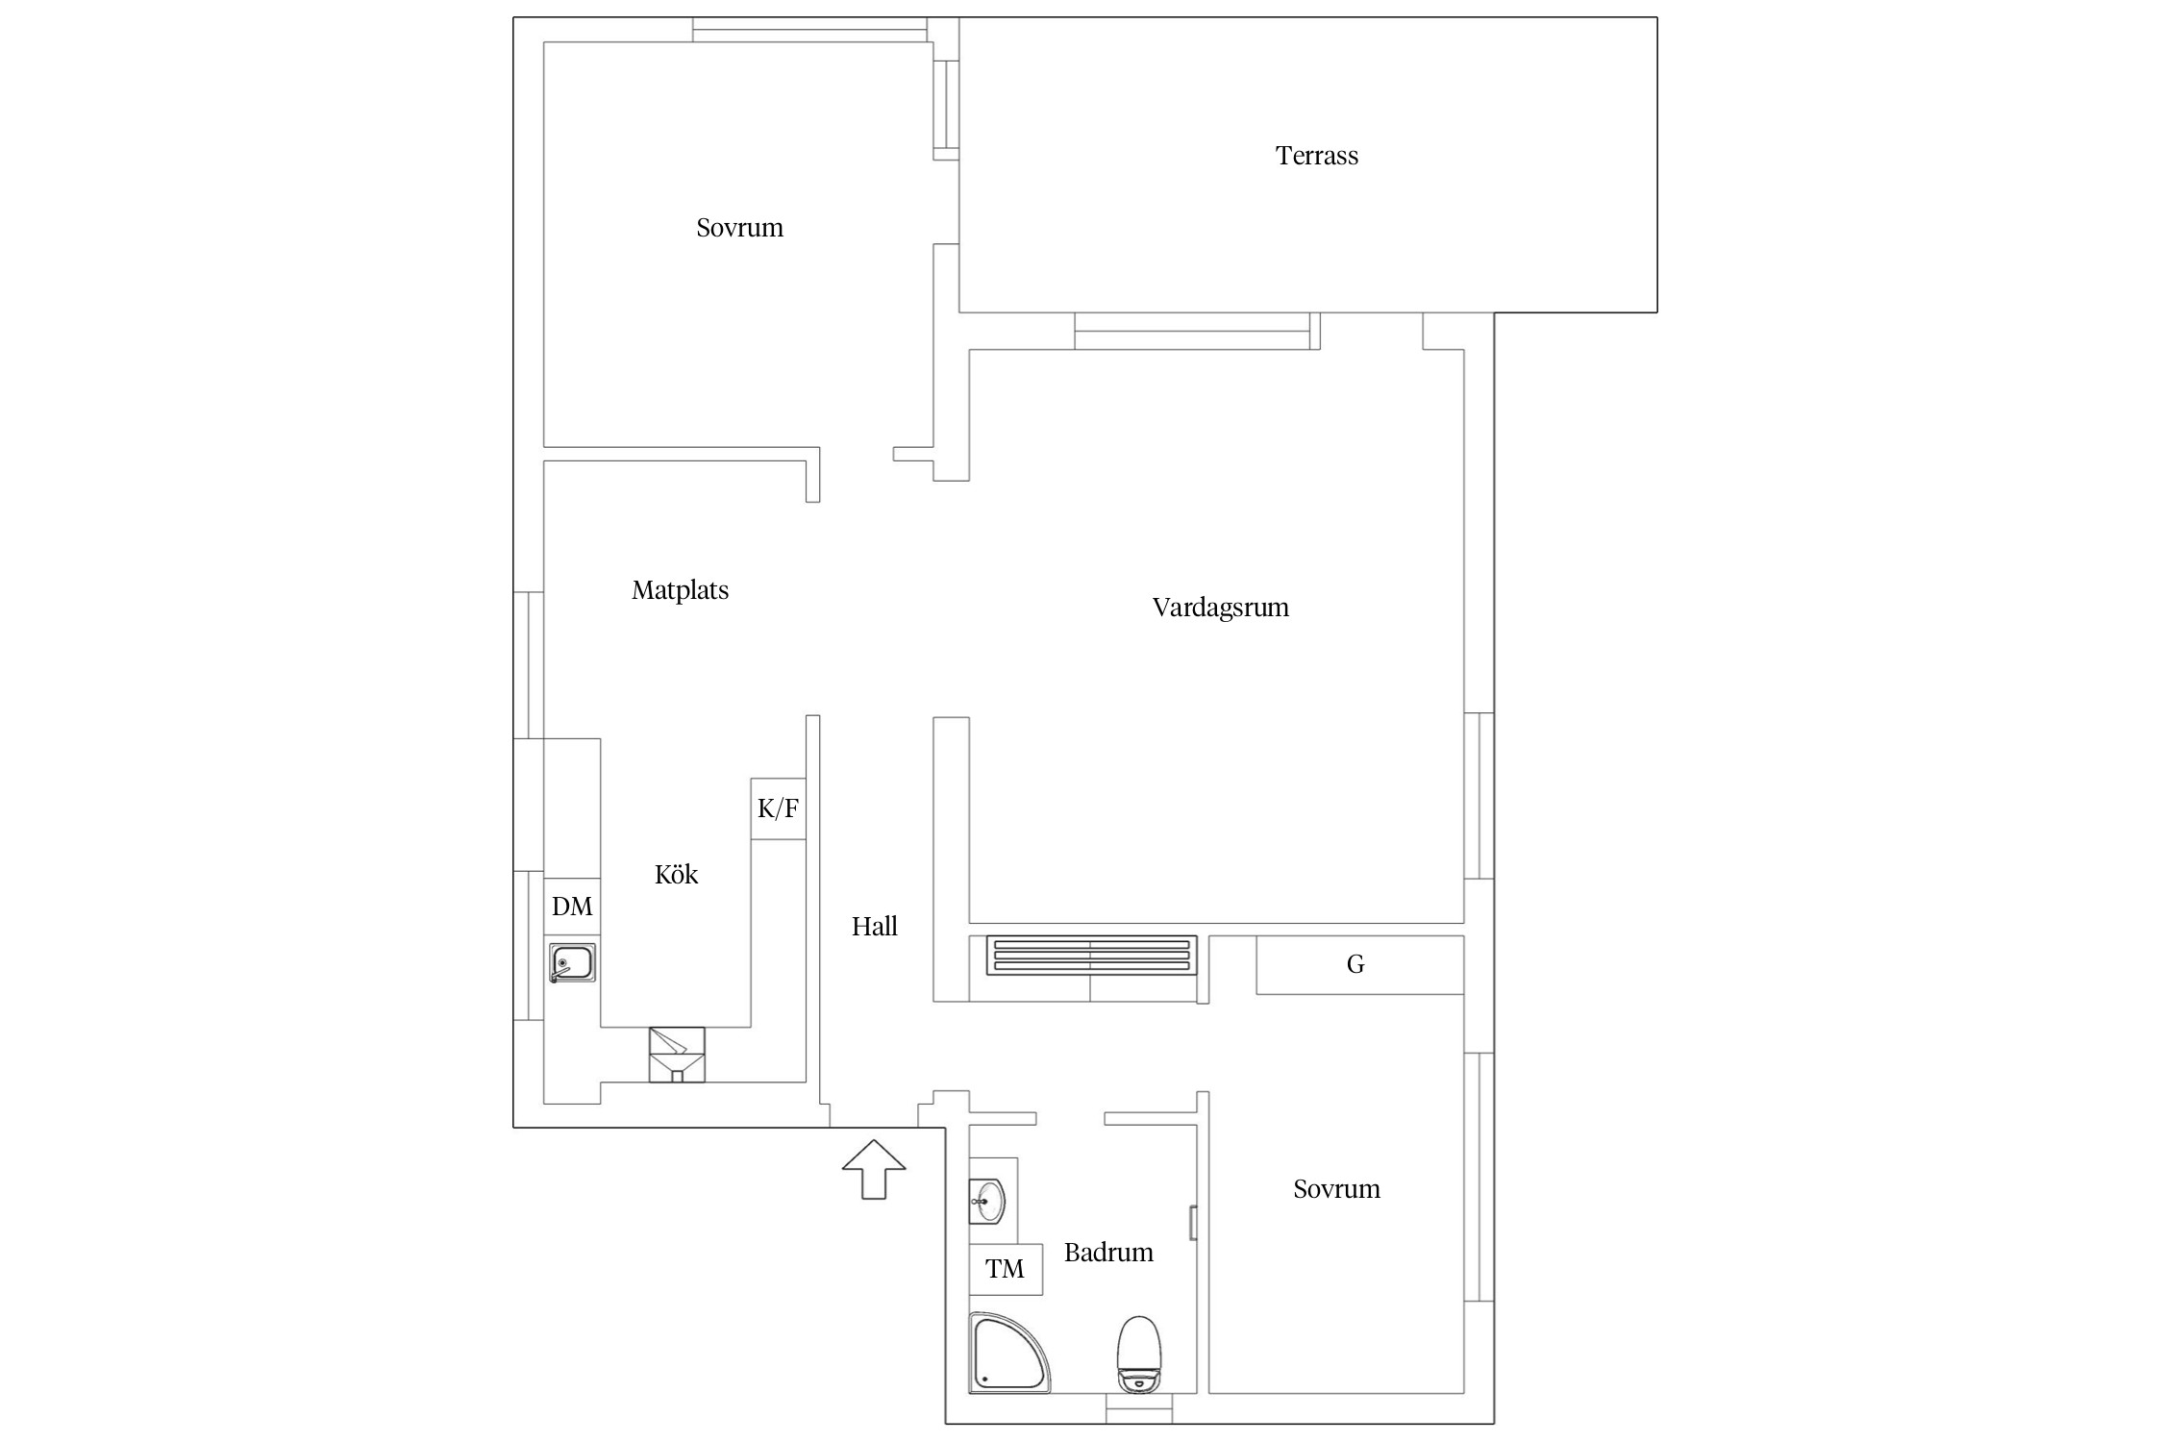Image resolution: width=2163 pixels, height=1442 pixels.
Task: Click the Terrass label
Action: [1316, 156]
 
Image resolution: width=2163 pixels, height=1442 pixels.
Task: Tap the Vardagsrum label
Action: [1220, 608]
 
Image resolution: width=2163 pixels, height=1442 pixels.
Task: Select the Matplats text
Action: [680, 590]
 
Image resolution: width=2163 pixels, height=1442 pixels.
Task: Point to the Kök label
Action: [676, 875]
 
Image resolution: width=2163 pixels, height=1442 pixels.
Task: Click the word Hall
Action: [874, 927]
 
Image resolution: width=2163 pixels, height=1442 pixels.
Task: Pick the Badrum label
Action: [1108, 1253]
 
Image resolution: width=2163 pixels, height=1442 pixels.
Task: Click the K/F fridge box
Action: [778, 808]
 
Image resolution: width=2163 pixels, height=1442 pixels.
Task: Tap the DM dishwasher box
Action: [572, 907]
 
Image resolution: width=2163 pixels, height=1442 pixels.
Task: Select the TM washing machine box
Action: [1006, 1269]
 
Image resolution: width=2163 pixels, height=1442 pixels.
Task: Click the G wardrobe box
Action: [1359, 964]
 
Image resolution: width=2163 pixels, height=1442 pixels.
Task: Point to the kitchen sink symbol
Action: [572, 963]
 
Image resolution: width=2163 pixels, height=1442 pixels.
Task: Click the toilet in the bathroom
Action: [1139, 1354]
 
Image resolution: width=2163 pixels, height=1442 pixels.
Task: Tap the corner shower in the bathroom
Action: [1008, 1353]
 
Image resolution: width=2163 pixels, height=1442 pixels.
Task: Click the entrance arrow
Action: [874, 1169]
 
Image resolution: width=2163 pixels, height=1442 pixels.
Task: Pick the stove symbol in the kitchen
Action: [677, 1055]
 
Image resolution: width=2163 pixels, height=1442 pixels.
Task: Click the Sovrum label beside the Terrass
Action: [739, 228]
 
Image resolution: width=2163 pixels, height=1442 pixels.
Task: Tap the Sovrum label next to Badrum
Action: [1336, 1189]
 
